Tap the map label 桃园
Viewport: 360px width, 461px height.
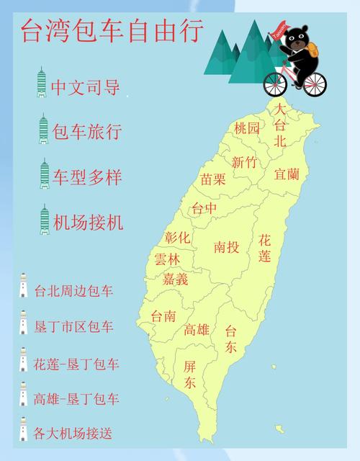(246, 128)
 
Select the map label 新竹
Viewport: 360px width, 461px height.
(243, 162)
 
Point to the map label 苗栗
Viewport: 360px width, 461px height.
(213, 179)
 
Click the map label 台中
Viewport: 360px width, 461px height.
(203, 209)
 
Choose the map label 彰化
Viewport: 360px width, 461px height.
(177, 237)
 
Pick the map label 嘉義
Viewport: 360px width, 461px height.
(176, 278)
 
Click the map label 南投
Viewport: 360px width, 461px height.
(227, 247)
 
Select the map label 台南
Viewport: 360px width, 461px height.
(163, 315)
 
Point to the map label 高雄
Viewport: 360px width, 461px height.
(197, 330)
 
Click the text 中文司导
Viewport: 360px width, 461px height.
(86, 86)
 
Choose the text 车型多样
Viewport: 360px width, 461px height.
(87, 176)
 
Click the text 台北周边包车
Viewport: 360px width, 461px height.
(73, 292)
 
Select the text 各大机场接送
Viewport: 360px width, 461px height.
(73, 434)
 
